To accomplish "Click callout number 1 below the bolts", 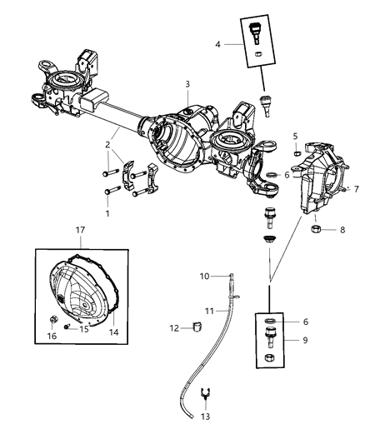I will [x=106, y=213].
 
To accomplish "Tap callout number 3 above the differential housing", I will [x=188, y=84].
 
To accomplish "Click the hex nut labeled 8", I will [x=317, y=229].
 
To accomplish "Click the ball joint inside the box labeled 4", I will [x=254, y=36].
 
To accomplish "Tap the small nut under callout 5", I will [x=297, y=152].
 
